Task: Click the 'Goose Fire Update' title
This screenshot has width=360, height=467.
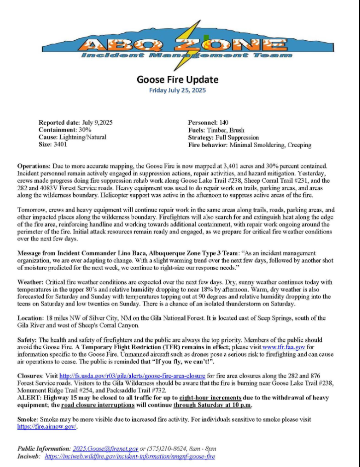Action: pos(178,79)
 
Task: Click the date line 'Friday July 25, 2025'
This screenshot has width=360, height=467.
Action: pos(178,90)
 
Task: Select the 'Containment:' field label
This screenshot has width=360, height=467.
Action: pos(55,130)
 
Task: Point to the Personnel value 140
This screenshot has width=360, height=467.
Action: pos(224,122)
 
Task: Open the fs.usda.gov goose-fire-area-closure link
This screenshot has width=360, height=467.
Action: pos(124,376)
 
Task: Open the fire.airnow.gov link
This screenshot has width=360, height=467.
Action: pos(47,427)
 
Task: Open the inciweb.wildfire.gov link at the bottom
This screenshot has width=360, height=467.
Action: pos(130,456)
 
